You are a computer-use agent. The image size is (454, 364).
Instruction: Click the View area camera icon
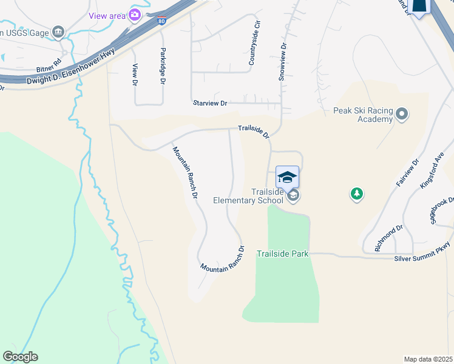(x=135, y=15)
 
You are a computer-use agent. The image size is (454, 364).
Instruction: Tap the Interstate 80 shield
(x=161, y=21)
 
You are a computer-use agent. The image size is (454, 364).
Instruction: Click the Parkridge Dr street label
(x=163, y=66)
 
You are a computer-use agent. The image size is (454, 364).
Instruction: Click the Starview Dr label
(x=209, y=103)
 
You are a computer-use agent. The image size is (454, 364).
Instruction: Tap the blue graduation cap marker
(x=287, y=177)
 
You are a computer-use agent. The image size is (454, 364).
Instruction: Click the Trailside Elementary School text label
(x=248, y=196)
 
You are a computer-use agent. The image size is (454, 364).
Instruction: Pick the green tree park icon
(x=357, y=194)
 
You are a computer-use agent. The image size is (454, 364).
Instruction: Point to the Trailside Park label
(x=283, y=254)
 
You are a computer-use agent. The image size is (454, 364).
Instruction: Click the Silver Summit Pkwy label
(x=422, y=251)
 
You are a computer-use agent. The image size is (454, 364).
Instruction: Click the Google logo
(x=20, y=357)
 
